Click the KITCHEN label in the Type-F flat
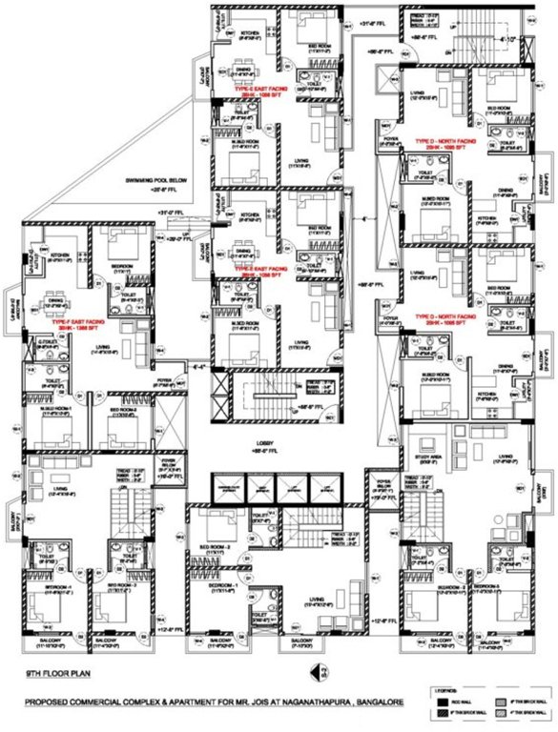60,255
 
